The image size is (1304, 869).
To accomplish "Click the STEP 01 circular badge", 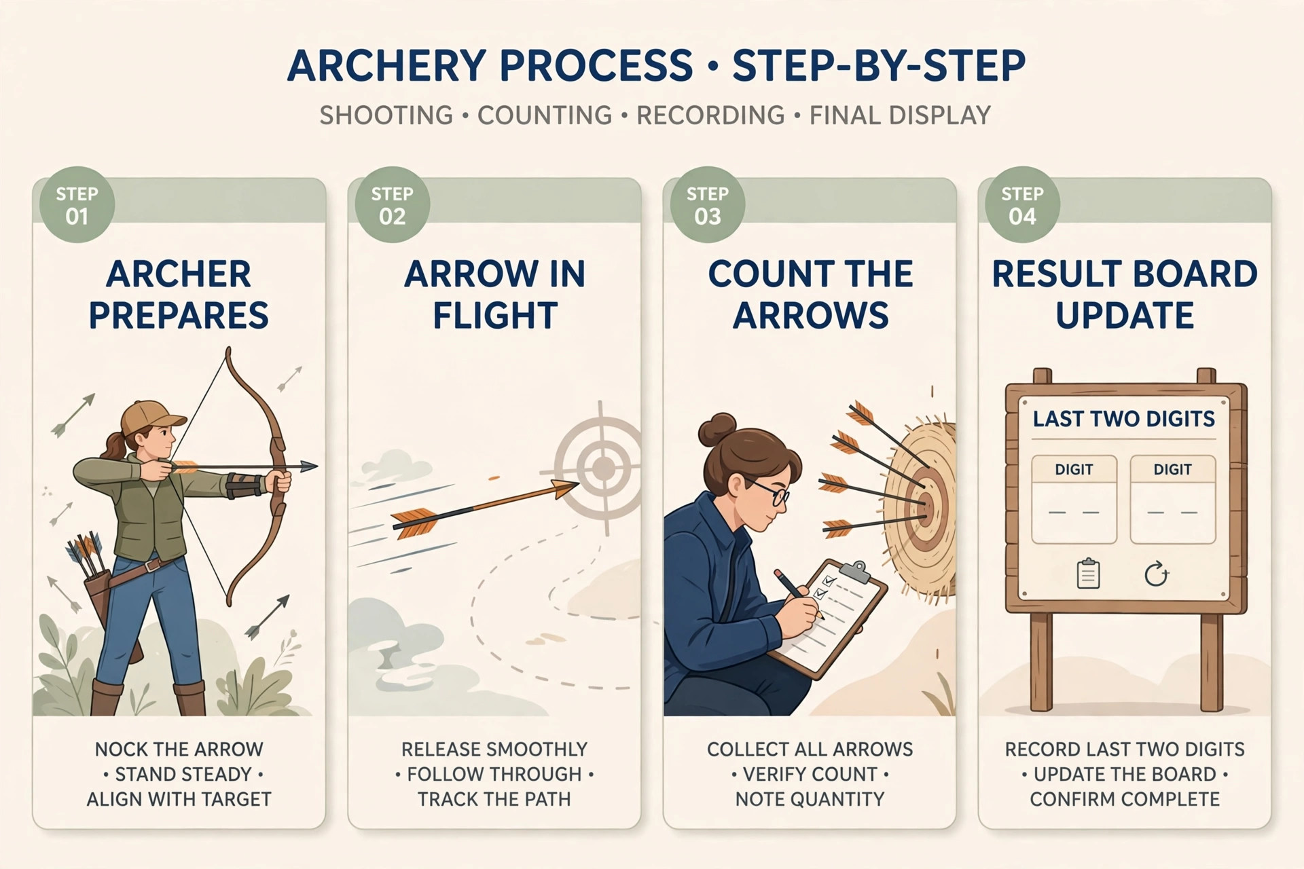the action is point(77,204).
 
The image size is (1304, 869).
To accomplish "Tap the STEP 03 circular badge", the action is point(707,204).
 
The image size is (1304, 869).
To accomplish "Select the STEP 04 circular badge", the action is point(1022,204).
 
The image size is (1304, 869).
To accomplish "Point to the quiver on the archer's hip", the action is point(95,577).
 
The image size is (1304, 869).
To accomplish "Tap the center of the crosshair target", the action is point(602,468).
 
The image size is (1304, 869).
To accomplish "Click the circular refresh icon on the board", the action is point(1156,574).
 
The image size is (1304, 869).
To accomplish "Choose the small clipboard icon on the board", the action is point(1088,574).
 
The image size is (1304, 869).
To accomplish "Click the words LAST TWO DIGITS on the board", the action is point(1124,419).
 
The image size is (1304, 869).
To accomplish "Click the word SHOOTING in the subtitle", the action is point(386,115).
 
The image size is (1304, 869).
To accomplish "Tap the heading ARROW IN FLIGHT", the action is point(494,295).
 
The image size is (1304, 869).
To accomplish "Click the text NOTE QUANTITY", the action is point(810,799).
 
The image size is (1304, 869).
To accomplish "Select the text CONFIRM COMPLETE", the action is point(1125,799).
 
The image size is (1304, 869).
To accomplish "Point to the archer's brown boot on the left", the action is point(106,697).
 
